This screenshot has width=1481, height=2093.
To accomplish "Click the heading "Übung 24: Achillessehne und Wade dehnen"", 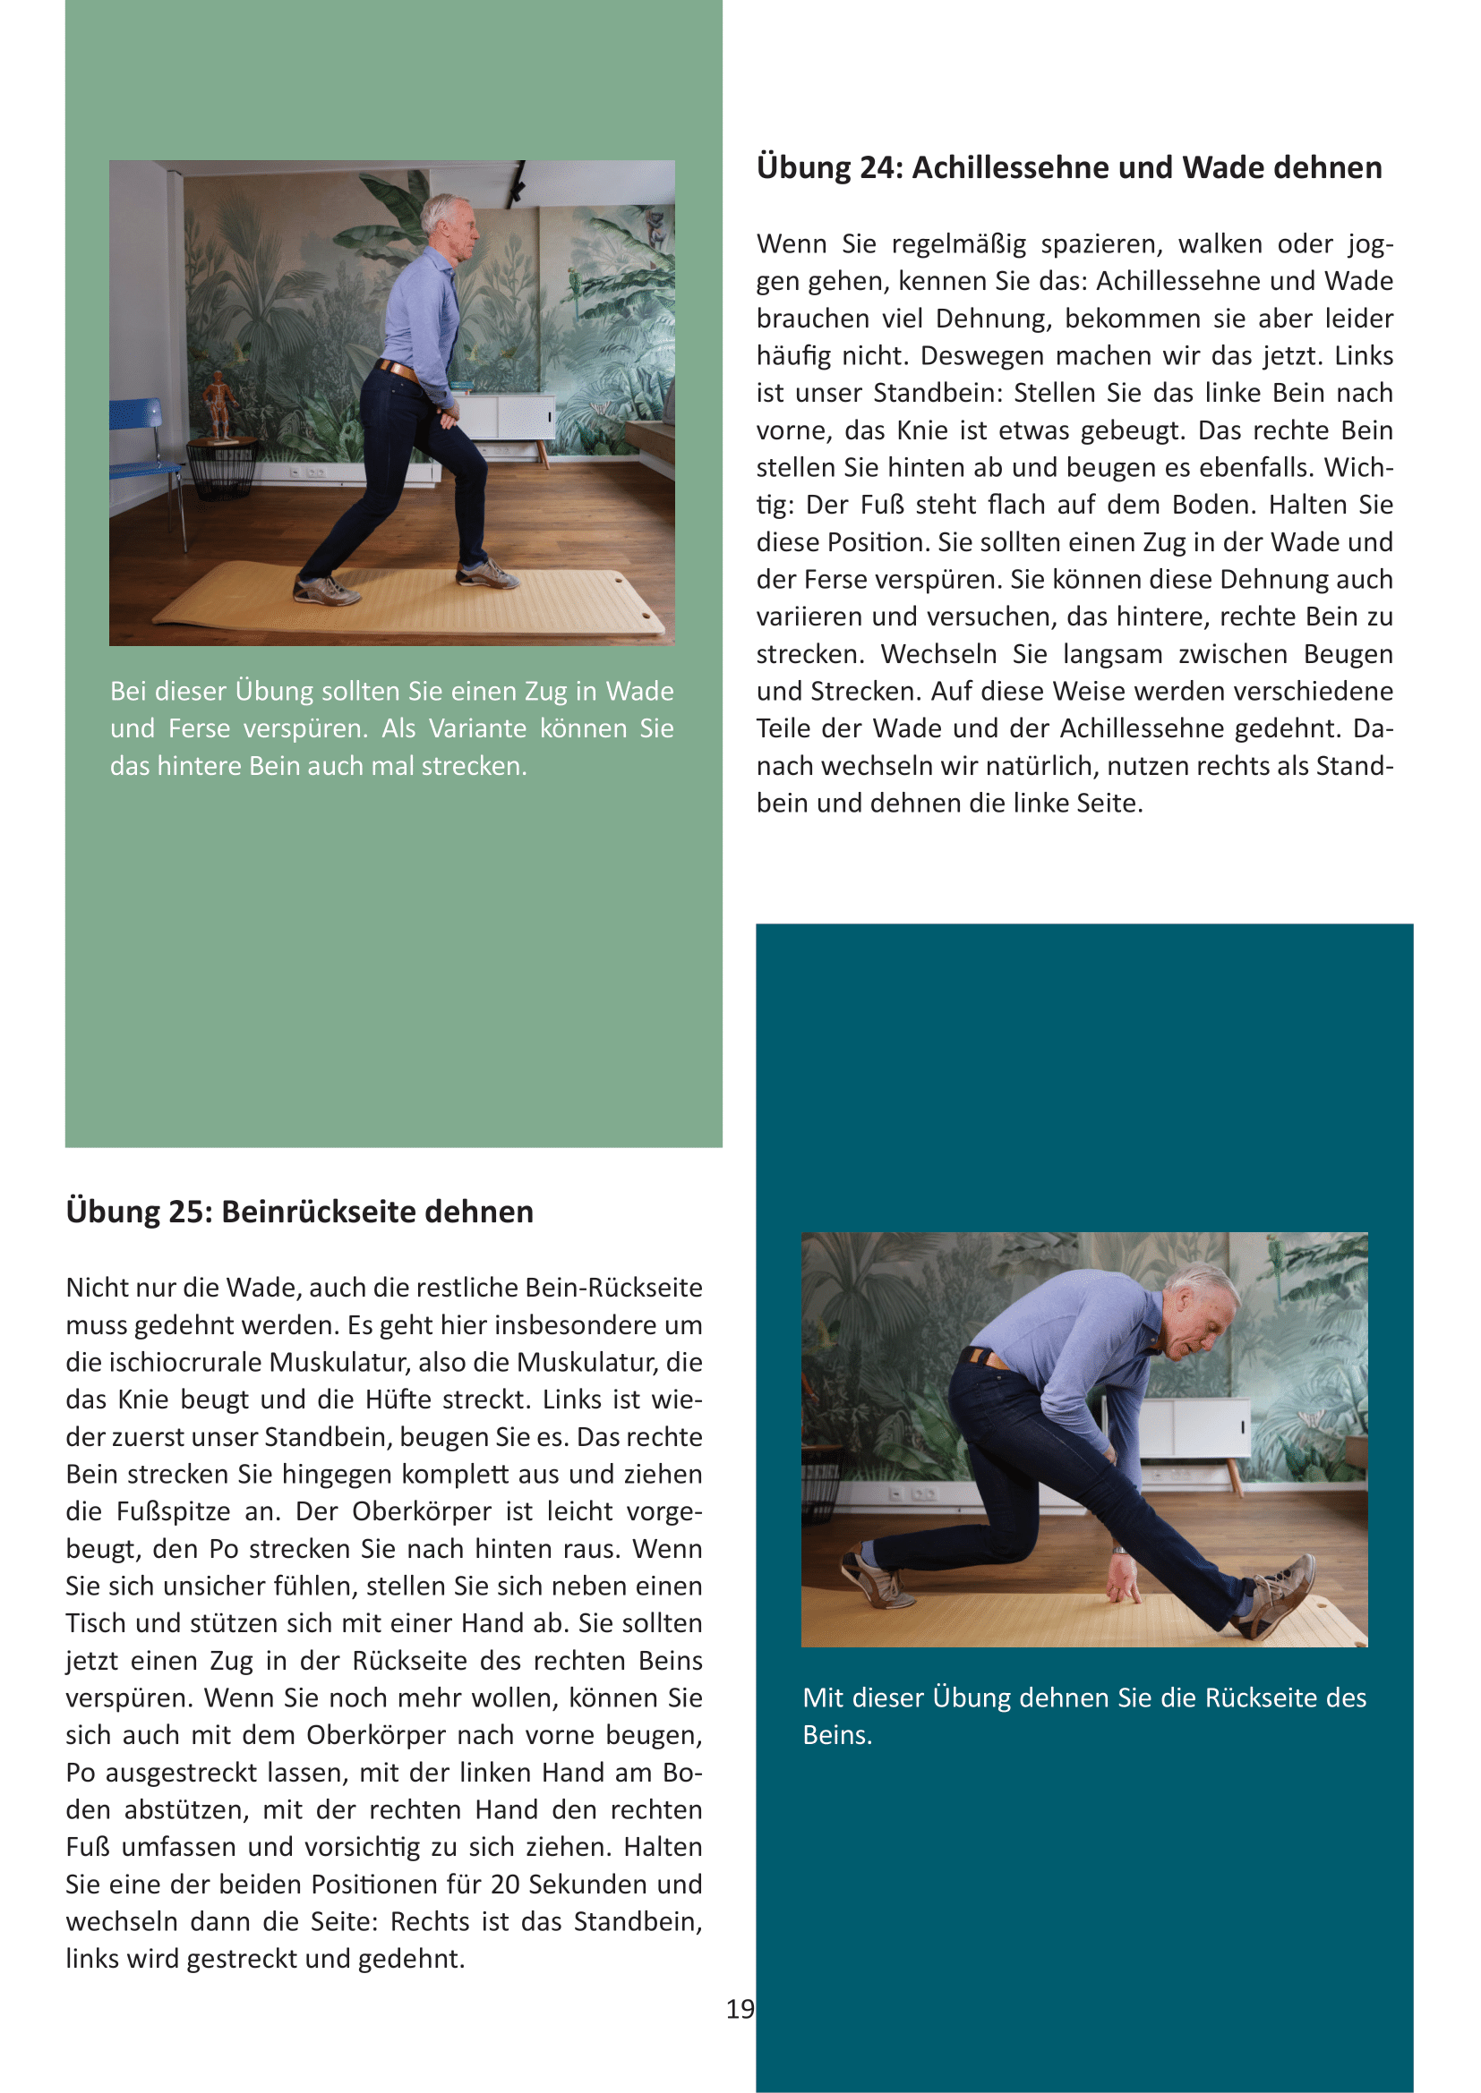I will click(1069, 167).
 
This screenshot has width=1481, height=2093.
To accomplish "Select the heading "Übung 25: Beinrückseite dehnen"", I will click(299, 1212).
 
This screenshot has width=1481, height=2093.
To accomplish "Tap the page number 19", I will click(740, 2009).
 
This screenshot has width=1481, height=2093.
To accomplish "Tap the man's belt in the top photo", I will click(398, 370).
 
